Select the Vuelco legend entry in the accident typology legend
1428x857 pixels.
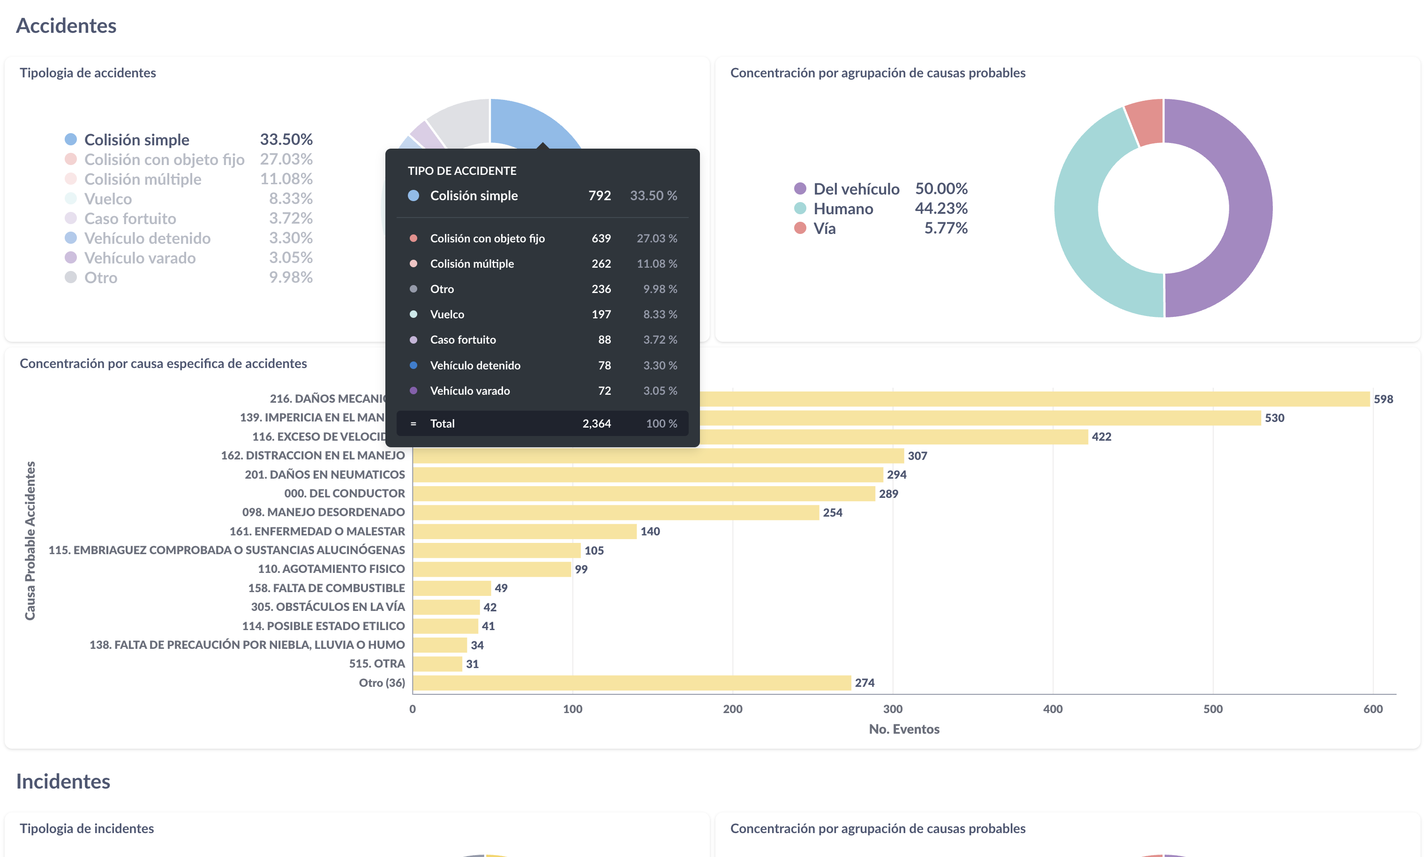tap(108, 199)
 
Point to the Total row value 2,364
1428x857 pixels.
tap(596, 424)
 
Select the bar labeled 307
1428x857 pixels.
tap(658, 456)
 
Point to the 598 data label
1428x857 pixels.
tap(1383, 399)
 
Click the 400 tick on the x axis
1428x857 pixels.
tap(1052, 709)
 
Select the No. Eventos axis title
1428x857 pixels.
tap(904, 729)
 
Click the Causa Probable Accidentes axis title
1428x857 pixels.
tap(30, 541)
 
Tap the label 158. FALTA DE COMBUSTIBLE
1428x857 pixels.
tap(326, 588)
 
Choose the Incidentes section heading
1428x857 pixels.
tap(63, 782)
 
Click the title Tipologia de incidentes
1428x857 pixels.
tap(87, 829)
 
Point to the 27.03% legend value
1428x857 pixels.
tap(286, 159)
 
